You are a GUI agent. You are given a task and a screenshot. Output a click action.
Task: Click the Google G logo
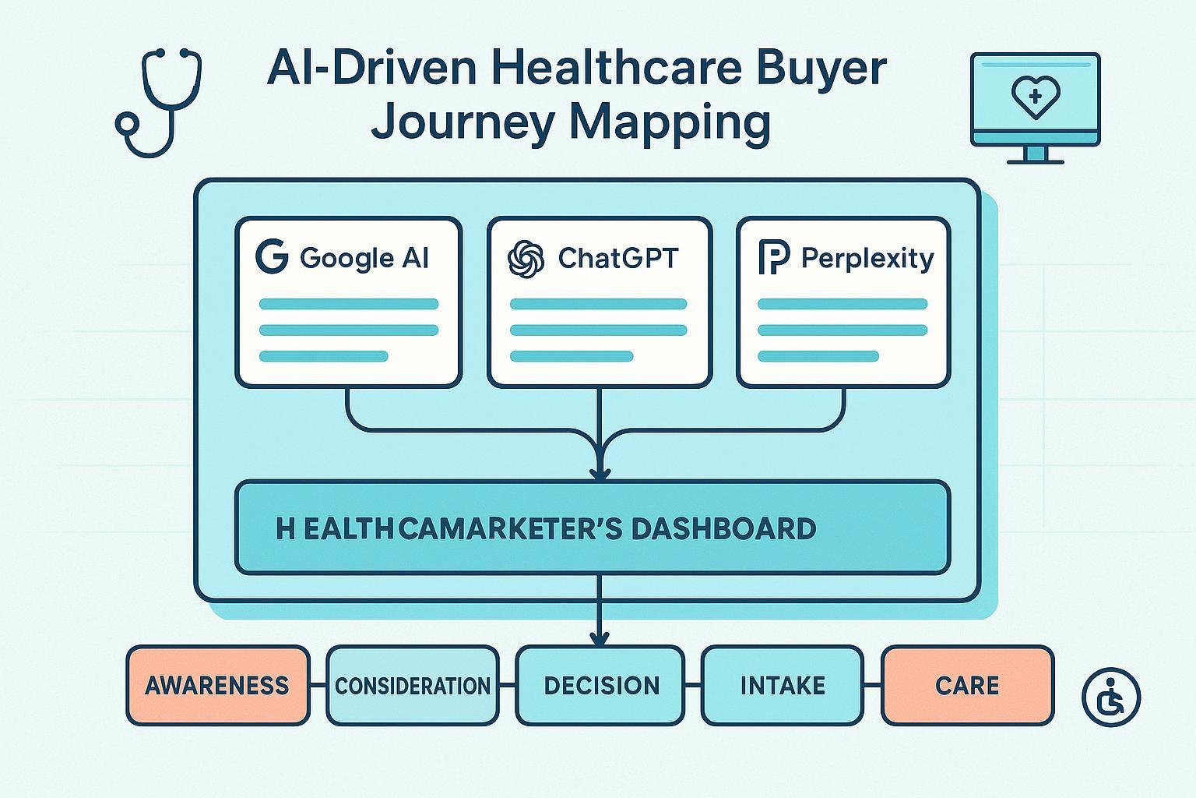click(272, 257)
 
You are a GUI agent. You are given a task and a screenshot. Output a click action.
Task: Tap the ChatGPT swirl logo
click(526, 258)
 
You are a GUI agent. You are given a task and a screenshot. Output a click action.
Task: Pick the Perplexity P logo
click(773, 258)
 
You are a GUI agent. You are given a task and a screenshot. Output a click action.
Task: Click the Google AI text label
click(364, 258)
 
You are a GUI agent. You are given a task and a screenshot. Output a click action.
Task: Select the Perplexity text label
click(867, 258)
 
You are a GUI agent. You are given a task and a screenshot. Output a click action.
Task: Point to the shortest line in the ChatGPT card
click(571, 356)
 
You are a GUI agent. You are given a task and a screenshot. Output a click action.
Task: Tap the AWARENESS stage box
click(217, 686)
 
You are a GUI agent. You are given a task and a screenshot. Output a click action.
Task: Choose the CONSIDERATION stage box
click(413, 686)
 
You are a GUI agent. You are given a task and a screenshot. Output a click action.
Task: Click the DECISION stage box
click(601, 686)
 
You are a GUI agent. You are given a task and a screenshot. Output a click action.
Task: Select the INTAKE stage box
click(783, 686)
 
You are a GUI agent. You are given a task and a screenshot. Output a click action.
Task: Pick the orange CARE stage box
click(967, 686)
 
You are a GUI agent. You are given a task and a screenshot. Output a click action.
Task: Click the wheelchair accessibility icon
click(1111, 696)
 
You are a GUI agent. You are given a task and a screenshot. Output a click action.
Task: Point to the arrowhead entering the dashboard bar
click(600, 471)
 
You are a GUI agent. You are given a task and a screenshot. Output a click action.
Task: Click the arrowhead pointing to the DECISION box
click(600, 637)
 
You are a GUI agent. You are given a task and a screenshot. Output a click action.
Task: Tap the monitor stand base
click(1035, 161)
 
